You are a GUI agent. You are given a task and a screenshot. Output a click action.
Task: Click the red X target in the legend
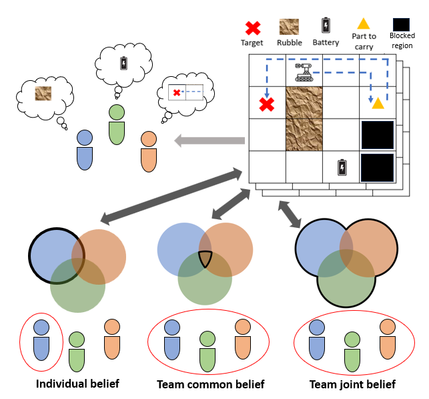coord(253,28)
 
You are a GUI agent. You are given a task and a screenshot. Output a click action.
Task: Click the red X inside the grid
coord(267,104)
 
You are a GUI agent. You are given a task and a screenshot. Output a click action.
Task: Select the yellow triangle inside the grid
coord(378,102)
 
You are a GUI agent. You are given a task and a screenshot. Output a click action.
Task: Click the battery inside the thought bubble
coord(123,63)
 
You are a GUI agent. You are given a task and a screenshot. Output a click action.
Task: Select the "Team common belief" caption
coord(210,384)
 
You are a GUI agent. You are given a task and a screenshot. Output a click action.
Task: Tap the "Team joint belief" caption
coord(352,384)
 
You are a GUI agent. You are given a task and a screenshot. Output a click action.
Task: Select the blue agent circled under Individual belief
coord(41,341)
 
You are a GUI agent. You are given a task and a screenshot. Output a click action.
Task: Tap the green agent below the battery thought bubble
coord(117,123)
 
